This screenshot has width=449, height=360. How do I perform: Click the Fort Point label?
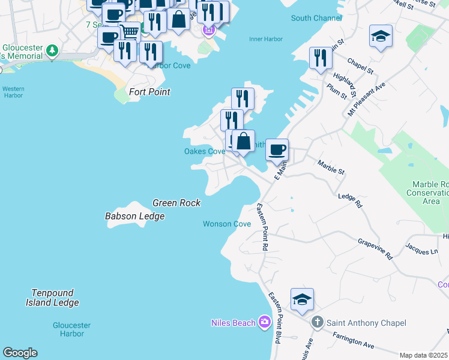pyautogui.click(x=150, y=92)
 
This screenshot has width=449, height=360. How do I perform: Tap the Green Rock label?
pyautogui.click(x=176, y=203)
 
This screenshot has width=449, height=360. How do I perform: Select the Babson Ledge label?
pyautogui.click(x=134, y=216)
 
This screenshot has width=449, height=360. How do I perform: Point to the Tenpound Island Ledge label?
pyautogui.click(x=53, y=298)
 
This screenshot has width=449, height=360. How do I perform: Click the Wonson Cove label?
pyautogui.click(x=226, y=224)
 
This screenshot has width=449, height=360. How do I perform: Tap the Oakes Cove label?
pyautogui.click(x=204, y=151)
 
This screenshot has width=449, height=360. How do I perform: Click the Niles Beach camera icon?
pyautogui.click(x=265, y=323)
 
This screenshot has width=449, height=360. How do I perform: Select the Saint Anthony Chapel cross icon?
pyautogui.click(x=318, y=323)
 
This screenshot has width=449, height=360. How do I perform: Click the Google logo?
pyautogui.click(x=20, y=353)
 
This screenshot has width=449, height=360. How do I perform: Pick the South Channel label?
pyautogui.click(x=316, y=18)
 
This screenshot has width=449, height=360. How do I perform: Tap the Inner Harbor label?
pyautogui.click(x=265, y=40)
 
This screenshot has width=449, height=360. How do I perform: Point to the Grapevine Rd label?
pyautogui.click(x=375, y=248)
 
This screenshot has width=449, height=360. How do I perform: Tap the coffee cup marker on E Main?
pyautogui.click(x=277, y=149)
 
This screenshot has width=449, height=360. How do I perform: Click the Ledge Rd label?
pyautogui.click(x=351, y=200)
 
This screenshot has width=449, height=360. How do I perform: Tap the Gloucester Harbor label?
pyautogui.click(x=67, y=329)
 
